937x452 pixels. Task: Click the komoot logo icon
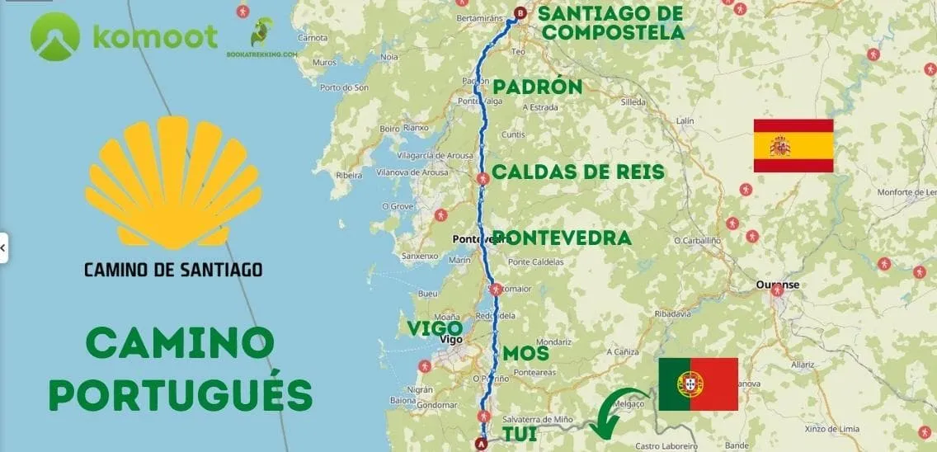pos(55,37)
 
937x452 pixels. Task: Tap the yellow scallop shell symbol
pos(173,182)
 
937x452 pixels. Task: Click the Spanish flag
pos(793,146)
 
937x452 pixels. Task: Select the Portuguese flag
pos(698,384)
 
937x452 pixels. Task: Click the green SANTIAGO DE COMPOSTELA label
pos(610,23)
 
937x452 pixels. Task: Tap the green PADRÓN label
pos(537,87)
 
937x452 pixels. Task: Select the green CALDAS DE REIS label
pos(577,172)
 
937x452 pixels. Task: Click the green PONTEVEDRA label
pos(563,238)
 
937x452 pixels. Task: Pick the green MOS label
pos(525,353)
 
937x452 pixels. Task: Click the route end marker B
pos(520,13)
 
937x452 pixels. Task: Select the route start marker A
pos(482,444)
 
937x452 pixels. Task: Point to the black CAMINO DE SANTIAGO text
pos(173,269)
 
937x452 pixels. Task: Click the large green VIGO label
pos(434,327)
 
